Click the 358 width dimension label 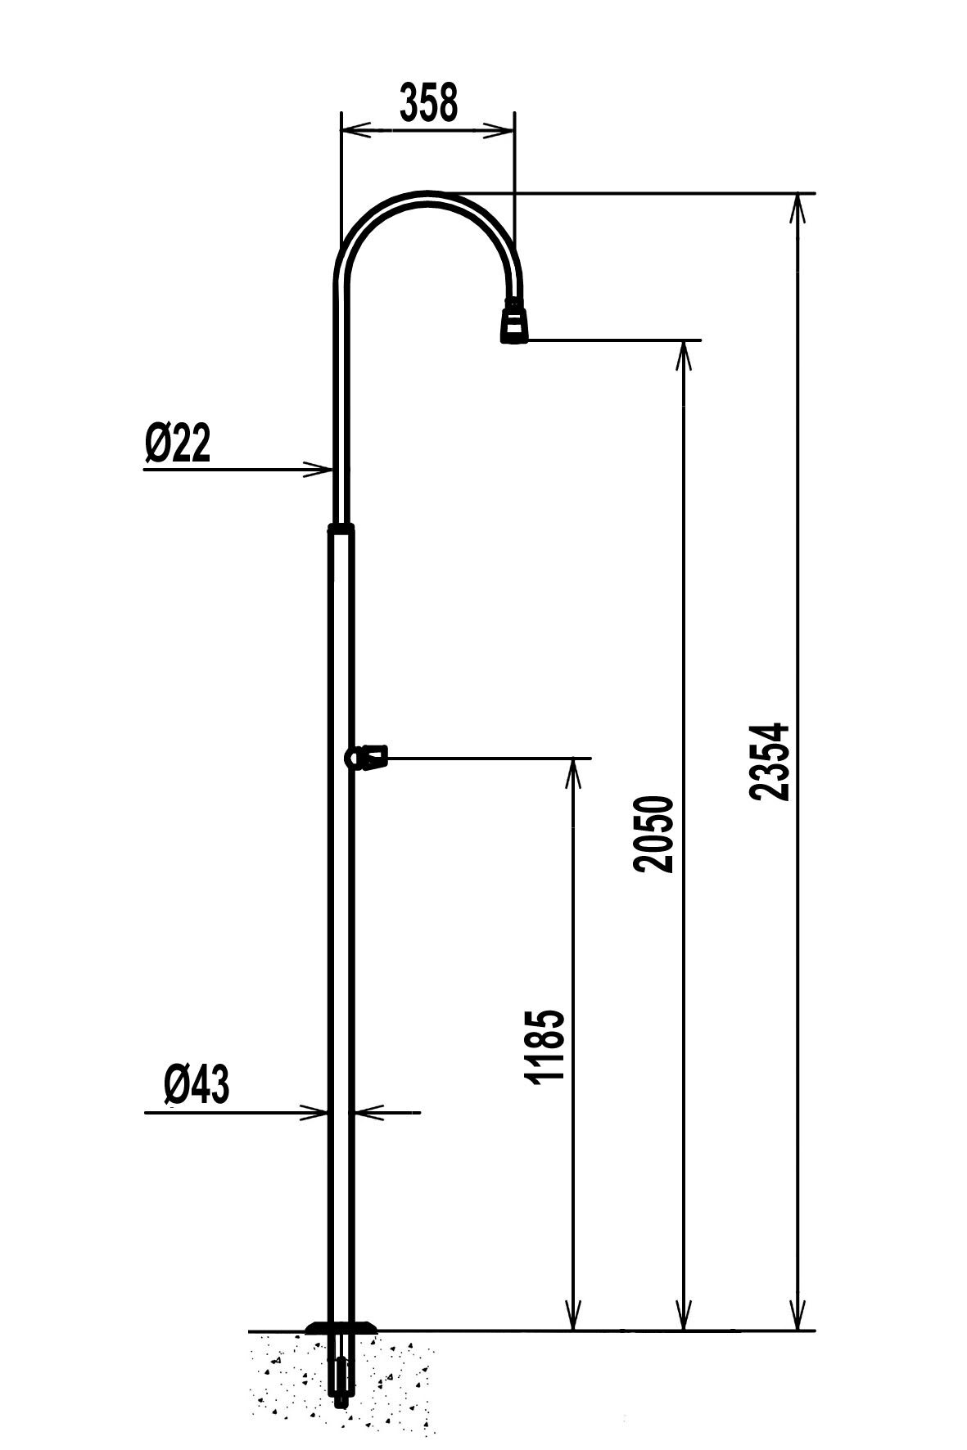[427, 102]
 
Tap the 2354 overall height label [769, 760]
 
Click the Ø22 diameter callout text [178, 444]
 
